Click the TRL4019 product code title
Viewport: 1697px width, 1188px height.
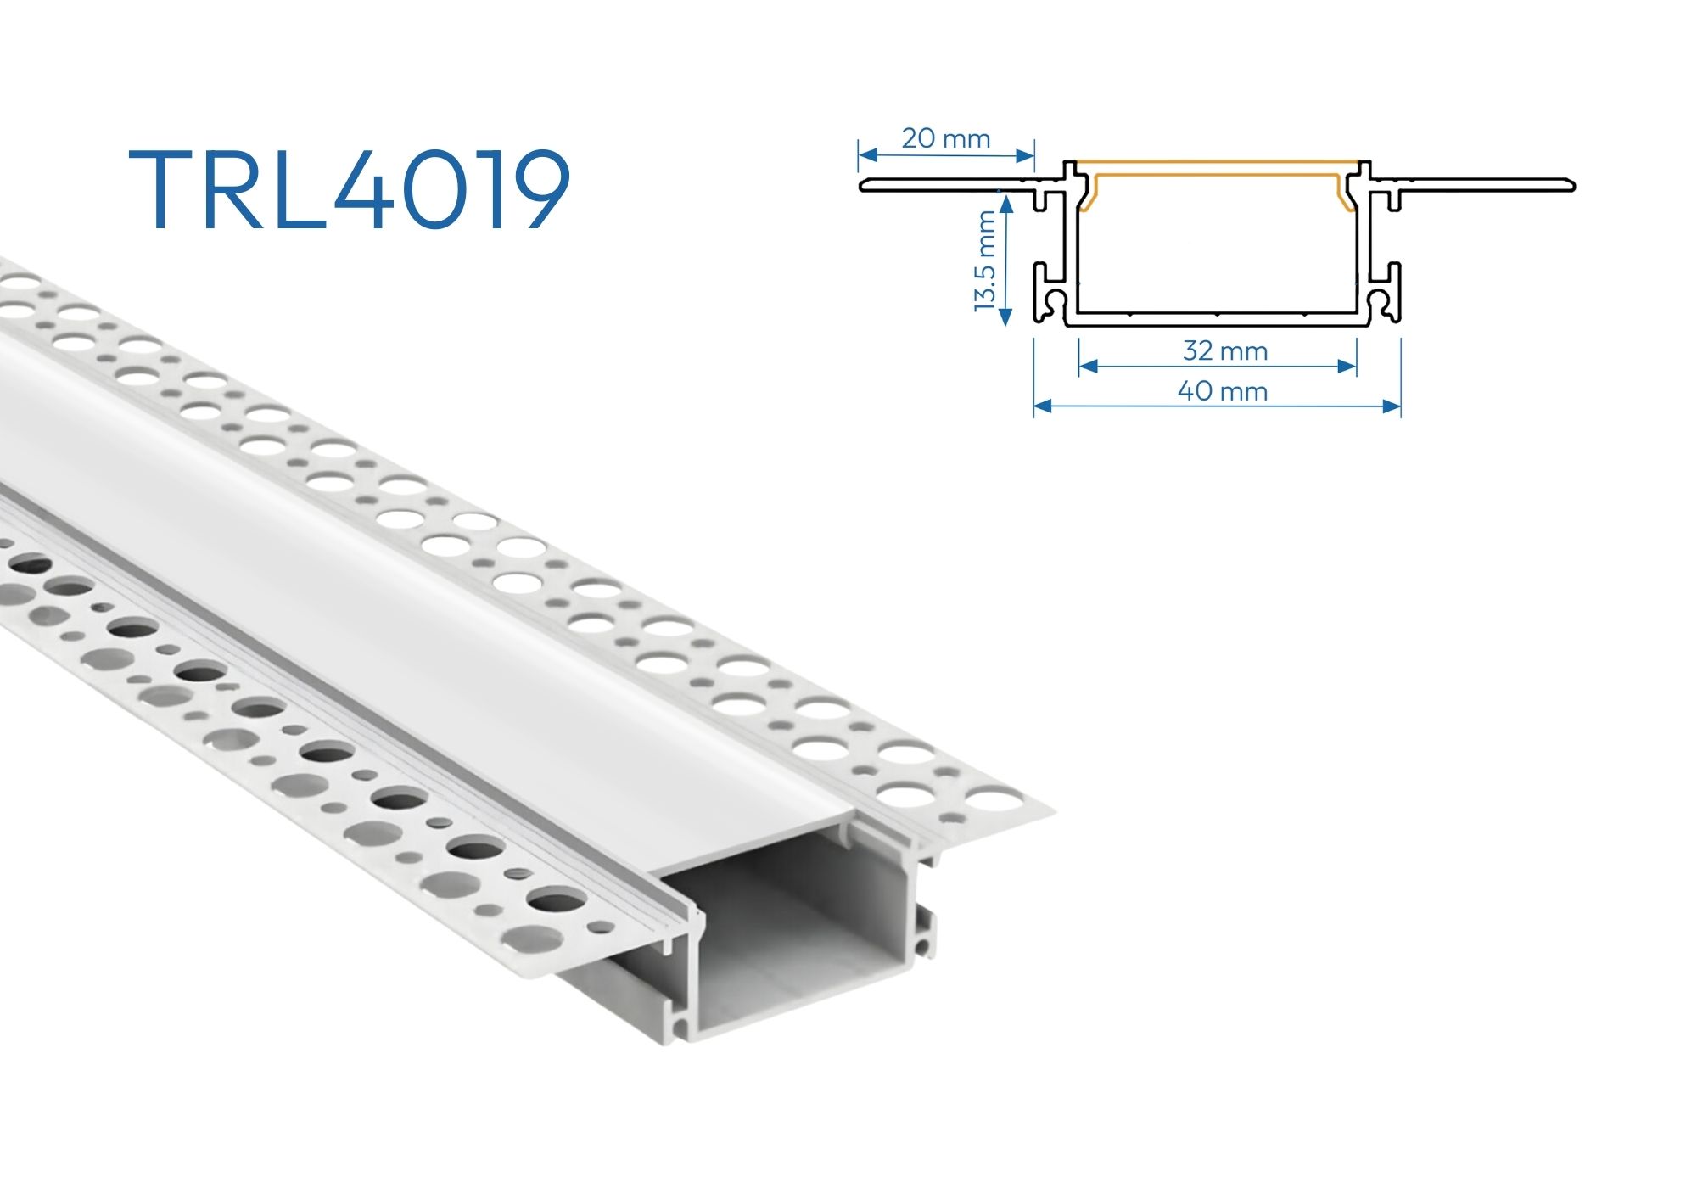click(x=350, y=189)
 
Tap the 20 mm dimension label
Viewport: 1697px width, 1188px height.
click(x=945, y=138)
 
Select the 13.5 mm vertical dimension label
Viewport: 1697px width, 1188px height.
click(x=984, y=261)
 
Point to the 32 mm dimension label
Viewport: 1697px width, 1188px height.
click(x=1225, y=350)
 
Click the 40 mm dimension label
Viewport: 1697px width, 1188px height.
click(x=1223, y=391)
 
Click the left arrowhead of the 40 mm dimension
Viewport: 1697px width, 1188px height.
click(x=1043, y=406)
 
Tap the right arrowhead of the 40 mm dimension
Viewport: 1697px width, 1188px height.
click(x=1392, y=406)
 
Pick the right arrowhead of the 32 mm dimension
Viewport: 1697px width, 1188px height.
click(x=1347, y=367)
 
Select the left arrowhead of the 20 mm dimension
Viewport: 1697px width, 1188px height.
click(x=867, y=155)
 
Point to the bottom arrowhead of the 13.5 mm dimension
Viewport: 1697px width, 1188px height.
click(x=1005, y=317)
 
